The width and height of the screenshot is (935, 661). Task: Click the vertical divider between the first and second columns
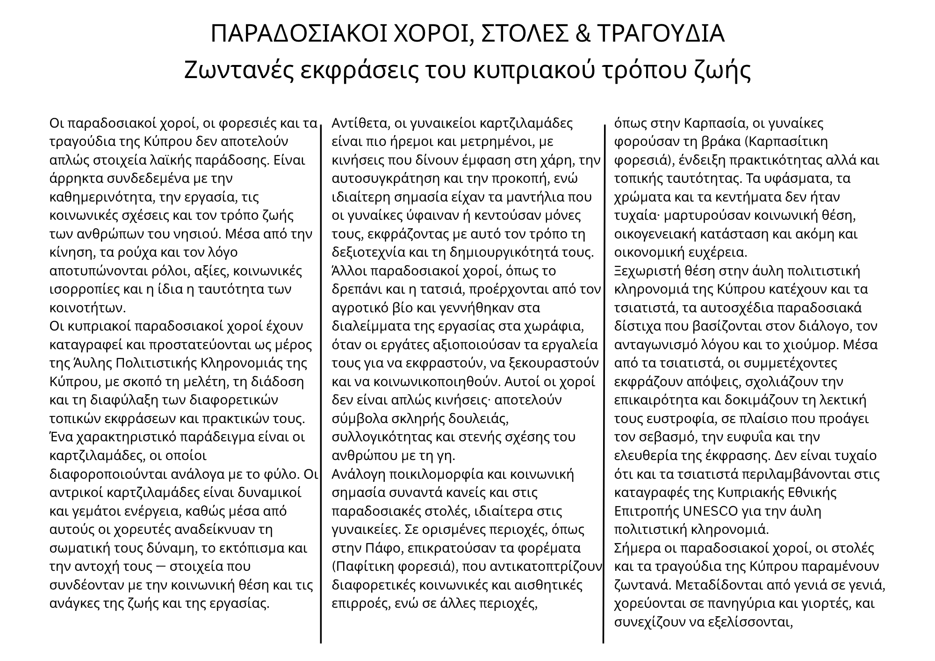click(321, 383)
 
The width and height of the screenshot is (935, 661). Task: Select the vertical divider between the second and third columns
click(604, 383)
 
